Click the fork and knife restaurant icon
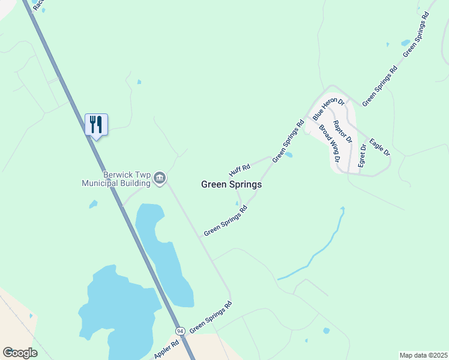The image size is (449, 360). click(96, 125)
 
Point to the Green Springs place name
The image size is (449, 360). click(231, 185)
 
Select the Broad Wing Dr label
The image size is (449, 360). click(330, 144)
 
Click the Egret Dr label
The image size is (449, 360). click(363, 155)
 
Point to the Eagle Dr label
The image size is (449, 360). click(380, 147)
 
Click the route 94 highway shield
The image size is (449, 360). click(180, 331)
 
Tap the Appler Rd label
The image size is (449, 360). click(166, 350)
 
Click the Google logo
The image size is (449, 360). click(20, 353)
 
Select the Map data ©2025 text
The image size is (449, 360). click(423, 355)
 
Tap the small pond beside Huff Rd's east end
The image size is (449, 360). click(289, 155)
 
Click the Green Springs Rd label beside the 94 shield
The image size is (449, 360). click(211, 318)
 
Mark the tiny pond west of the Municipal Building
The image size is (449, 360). click(93, 204)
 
